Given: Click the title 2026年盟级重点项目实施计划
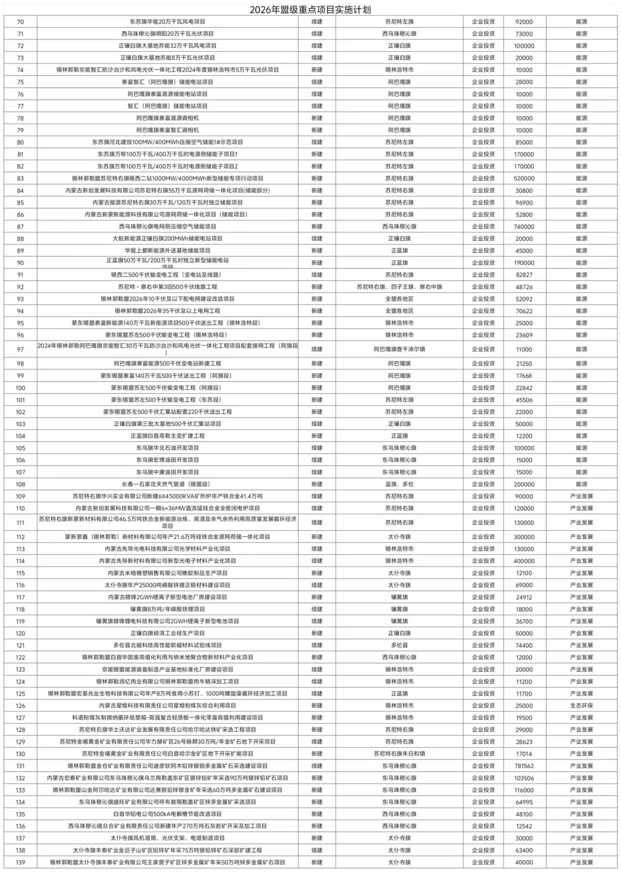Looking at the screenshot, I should (310, 10).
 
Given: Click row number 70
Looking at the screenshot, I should (20, 22).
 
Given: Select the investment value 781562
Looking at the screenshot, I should (524, 766).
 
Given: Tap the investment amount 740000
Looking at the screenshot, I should (524, 227).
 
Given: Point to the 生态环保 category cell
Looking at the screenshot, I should (581, 706).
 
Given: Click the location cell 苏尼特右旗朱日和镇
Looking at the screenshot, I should (399, 754).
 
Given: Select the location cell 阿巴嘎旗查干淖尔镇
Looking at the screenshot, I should (399, 349).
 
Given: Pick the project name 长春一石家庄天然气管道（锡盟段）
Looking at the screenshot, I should (167, 484).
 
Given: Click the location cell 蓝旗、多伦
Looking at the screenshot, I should (399, 484).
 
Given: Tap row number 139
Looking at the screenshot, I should (20, 862).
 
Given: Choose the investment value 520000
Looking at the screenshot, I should (524, 178).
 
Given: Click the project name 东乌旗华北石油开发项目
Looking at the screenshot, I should (167, 448).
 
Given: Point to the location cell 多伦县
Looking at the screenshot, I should (399, 646).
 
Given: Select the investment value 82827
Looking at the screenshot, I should (524, 275).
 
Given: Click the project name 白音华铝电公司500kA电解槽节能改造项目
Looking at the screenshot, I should (167, 814).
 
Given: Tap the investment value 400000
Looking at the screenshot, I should (524, 561).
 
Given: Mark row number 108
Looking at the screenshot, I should (20, 485).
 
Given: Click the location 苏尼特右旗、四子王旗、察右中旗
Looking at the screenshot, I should (399, 287).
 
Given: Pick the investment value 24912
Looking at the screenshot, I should (524, 598).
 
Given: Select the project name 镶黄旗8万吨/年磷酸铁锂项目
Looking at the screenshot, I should (167, 609).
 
